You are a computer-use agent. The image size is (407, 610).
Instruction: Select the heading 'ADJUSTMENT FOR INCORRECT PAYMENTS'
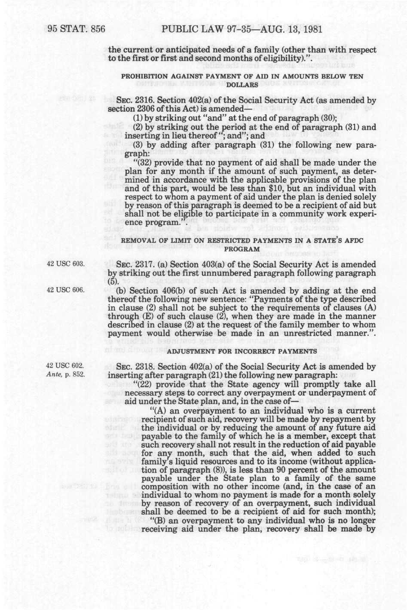242,352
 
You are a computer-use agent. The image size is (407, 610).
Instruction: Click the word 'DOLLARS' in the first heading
242,85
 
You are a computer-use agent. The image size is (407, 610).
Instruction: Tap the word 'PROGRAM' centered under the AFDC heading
242,249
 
